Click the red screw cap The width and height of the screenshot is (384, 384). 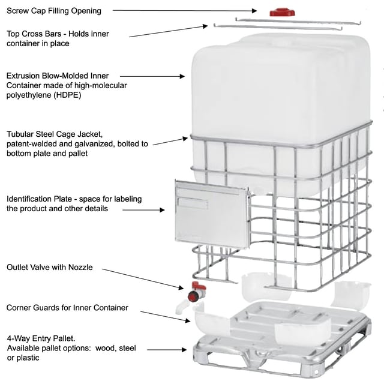click(x=280, y=12)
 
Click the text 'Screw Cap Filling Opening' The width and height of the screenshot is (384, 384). click(x=54, y=11)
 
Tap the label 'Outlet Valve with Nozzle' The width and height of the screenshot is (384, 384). click(x=49, y=267)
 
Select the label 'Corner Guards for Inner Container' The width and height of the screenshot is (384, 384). click(x=67, y=308)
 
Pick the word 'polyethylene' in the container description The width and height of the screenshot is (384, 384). click(x=34, y=95)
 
